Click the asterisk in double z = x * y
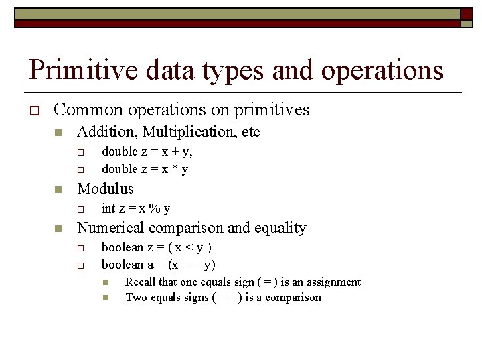[x=172, y=169]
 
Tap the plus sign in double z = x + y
[x=173, y=152]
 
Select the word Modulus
[x=105, y=189]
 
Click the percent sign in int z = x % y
[x=155, y=208]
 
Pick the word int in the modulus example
[x=108, y=208]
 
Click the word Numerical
[x=111, y=228]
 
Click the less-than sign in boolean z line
[x=189, y=247]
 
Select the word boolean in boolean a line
[x=123, y=265]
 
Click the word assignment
[x=332, y=282]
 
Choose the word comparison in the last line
[x=293, y=298]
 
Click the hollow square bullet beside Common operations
[x=32, y=110]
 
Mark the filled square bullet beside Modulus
[x=58, y=190]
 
